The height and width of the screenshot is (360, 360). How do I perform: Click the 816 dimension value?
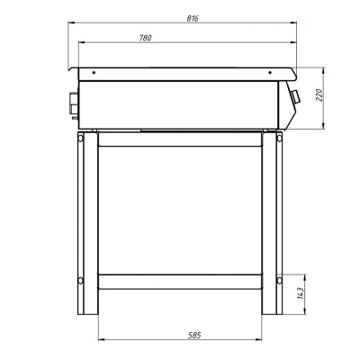click(x=193, y=18)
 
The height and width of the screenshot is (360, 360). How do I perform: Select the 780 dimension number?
click(x=145, y=38)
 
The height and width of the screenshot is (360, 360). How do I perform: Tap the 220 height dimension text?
click(x=319, y=95)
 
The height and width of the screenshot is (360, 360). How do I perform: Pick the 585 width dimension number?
click(x=194, y=335)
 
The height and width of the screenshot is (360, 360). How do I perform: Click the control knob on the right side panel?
click(x=296, y=96)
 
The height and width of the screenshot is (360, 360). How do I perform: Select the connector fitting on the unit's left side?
click(x=74, y=104)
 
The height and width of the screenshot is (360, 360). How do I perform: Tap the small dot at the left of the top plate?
click(x=94, y=73)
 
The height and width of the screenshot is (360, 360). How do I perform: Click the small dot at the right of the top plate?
click(x=270, y=72)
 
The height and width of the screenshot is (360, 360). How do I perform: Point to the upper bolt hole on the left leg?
click(x=80, y=139)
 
